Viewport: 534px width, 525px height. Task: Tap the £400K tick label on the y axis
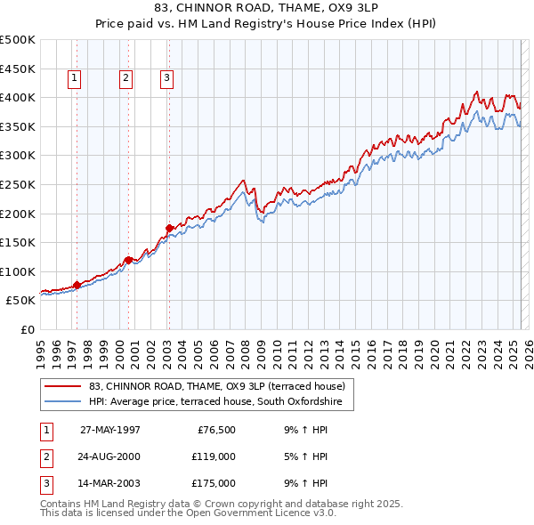click(18, 97)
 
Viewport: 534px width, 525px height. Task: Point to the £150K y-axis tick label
click(18, 242)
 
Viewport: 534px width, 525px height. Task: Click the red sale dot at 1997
click(77, 285)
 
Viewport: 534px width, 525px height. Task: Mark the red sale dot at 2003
click(168, 228)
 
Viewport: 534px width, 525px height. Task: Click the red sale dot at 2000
click(129, 260)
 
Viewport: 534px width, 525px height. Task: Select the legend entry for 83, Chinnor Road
click(222, 386)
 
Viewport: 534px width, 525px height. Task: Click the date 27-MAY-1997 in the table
click(110, 430)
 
